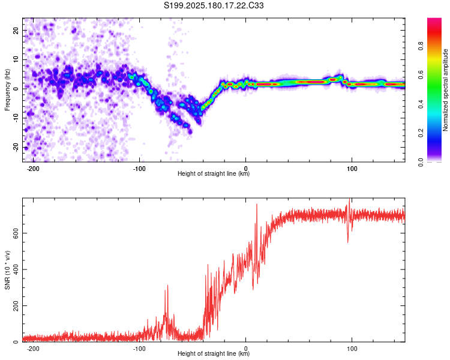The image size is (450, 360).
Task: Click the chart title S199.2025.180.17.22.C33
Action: click(x=214, y=5)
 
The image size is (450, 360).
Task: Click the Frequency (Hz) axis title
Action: click(x=7, y=90)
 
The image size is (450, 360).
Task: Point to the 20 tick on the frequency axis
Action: click(x=16, y=30)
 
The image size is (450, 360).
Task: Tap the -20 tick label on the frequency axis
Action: click(x=16, y=148)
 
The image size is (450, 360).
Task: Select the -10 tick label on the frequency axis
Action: click(x=16, y=118)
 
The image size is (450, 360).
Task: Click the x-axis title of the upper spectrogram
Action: click(x=214, y=173)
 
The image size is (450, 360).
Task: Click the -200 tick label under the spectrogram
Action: click(x=33, y=169)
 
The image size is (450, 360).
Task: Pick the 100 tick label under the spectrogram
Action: click(x=352, y=169)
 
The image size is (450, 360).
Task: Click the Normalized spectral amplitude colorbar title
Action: click(x=445, y=90)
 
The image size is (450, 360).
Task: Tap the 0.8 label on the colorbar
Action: click(x=421, y=46)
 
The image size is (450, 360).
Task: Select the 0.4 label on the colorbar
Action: click(x=421, y=104)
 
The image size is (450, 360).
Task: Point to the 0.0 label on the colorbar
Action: click(x=421, y=163)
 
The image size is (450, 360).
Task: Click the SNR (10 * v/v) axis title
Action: click(x=7, y=270)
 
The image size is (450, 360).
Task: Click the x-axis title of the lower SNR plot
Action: click(x=214, y=353)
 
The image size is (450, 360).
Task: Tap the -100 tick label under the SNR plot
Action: click(x=139, y=349)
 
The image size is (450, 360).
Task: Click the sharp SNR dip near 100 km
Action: click(x=348, y=242)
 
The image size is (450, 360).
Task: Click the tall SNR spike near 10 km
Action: click(x=257, y=205)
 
